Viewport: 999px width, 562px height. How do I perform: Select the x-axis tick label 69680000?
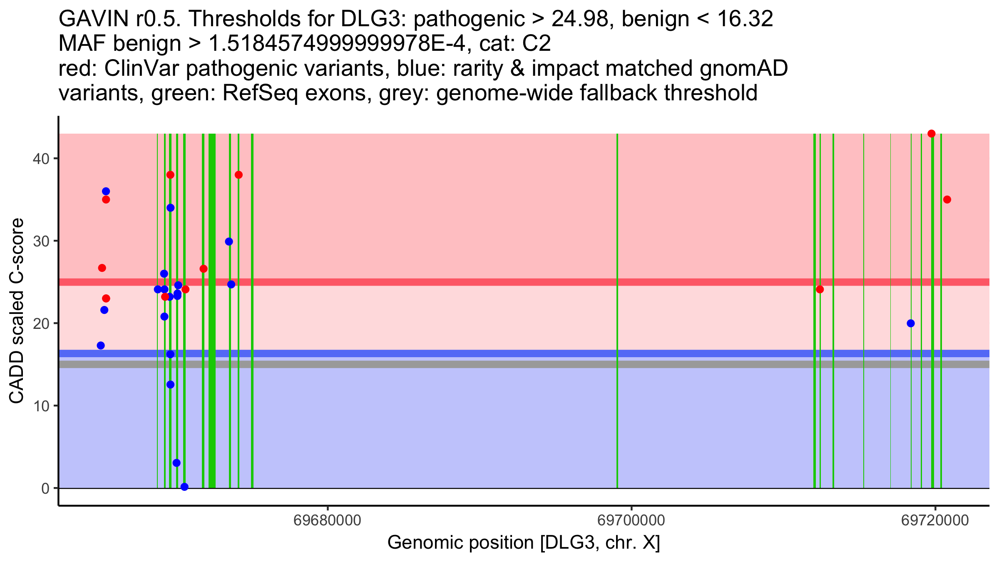click(328, 520)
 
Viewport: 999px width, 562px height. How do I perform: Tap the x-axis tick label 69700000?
click(631, 520)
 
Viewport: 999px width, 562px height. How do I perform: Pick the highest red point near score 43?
click(932, 134)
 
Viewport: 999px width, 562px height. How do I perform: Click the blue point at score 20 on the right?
click(911, 323)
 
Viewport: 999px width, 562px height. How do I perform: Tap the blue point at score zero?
click(184, 487)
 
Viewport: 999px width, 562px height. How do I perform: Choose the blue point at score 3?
click(176, 463)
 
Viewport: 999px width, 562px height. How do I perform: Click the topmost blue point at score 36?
click(106, 191)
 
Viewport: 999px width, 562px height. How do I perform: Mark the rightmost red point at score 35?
click(947, 200)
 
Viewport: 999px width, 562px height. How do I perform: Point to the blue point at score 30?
click(229, 242)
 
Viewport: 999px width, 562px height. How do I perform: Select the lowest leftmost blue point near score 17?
click(101, 346)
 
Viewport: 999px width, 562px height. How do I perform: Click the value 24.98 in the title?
click(583, 19)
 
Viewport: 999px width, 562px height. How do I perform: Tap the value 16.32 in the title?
click(745, 19)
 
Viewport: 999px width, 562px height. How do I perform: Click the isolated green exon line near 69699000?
click(617, 310)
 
